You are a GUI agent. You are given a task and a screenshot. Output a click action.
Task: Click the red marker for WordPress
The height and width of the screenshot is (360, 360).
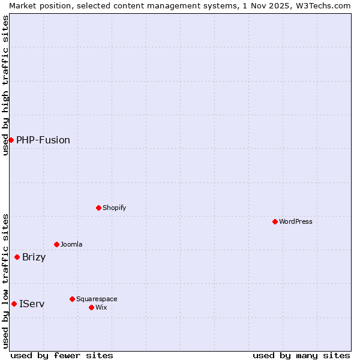pos(275,221)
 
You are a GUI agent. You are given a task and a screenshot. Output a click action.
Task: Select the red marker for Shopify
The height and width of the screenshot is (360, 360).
pos(98,208)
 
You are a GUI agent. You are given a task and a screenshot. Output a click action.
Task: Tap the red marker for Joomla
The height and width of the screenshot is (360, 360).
pos(56,244)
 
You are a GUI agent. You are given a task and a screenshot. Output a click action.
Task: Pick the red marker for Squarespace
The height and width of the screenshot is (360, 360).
pos(72,299)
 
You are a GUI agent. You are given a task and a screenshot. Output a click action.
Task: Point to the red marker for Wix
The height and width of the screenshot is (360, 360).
pos(91,307)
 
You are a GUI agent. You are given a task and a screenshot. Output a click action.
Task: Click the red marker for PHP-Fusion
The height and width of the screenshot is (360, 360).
pos(11,140)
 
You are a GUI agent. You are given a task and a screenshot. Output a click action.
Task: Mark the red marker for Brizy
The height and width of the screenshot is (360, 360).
pos(17,257)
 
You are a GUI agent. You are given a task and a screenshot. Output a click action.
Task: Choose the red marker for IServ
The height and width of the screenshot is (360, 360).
pos(14,304)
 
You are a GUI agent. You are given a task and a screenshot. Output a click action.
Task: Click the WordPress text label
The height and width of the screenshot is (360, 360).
pos(296,221)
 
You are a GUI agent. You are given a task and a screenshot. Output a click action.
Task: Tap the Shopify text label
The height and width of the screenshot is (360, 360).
pos(114,208)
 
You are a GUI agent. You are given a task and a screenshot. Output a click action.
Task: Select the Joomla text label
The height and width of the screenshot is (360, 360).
pos(71,244)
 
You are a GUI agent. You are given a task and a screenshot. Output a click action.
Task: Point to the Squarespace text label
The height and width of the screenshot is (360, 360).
pos(97,299)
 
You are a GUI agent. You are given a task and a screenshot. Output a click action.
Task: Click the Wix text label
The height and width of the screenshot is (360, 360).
pos(101,307)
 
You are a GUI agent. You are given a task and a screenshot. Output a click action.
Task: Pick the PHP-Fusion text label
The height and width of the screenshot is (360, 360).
pos(43,140)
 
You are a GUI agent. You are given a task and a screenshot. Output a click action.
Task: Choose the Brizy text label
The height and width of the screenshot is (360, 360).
pos(34,257)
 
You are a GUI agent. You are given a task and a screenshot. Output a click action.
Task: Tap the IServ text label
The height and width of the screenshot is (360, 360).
pos(32,304)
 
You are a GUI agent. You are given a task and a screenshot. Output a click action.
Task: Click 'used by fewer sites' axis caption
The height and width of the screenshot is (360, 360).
pos(62,355)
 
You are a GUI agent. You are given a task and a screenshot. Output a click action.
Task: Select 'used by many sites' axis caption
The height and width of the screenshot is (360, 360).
pos(301,355)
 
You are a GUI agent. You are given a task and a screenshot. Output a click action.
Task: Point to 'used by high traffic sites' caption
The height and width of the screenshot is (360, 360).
pos(5,85)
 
